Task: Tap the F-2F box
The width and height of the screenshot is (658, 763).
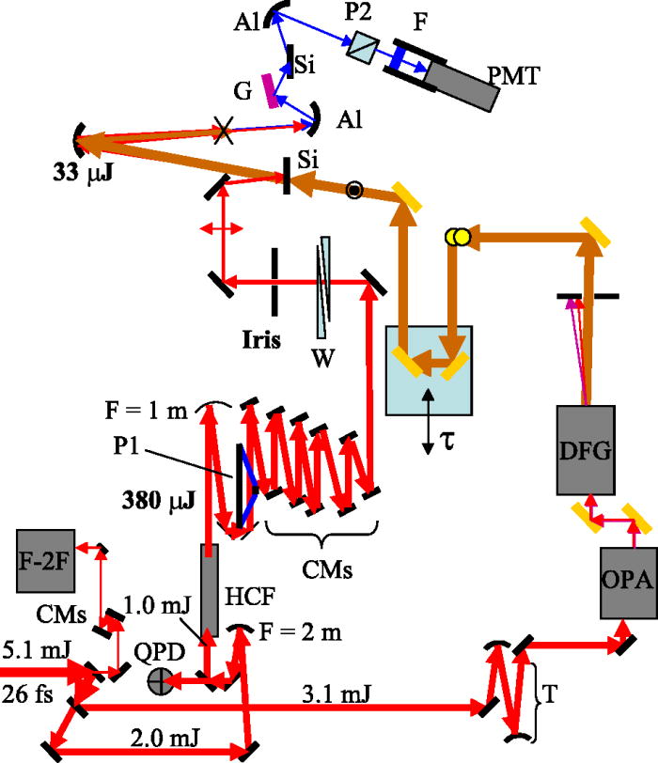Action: (45, 561)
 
